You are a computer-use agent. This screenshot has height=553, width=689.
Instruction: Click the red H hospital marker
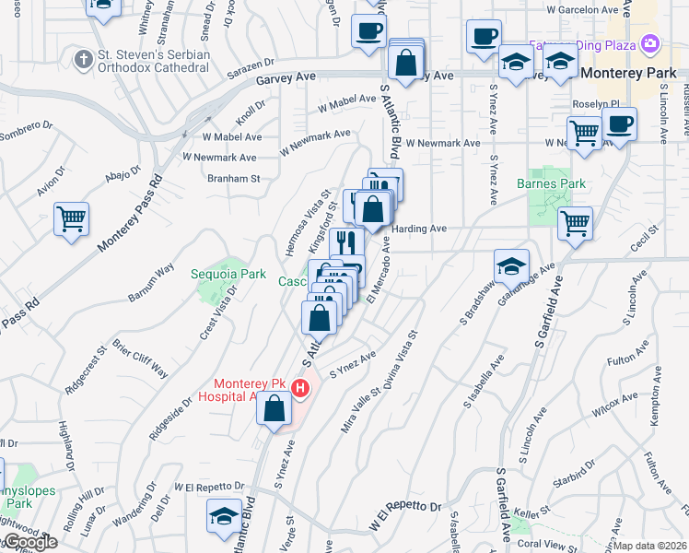[x=299, y=390]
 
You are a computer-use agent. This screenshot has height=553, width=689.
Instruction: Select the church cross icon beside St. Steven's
[x=83, y=60]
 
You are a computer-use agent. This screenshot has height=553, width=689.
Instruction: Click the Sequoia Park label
[x=228, y=274]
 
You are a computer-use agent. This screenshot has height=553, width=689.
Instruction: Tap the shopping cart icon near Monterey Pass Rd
[x=71, y=219]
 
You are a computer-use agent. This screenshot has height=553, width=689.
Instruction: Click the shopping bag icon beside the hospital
[x=274, y=408]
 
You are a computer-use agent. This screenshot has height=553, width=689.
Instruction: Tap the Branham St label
[x=234, y=178]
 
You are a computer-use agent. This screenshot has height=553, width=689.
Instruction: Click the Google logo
[x=29, y=542]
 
